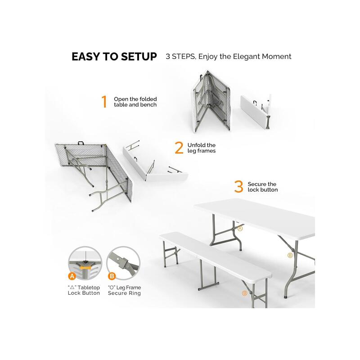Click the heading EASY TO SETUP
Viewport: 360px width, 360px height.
(114, 57)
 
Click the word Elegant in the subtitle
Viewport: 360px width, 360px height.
(246, 56)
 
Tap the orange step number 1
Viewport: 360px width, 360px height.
(104, 102)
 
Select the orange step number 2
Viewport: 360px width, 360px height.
(179, 148)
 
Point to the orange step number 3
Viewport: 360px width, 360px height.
(238, 186)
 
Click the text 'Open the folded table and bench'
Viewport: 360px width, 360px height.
(135, 102)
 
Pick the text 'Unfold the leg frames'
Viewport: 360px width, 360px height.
(201, 148)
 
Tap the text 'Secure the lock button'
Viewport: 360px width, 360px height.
(263, 187)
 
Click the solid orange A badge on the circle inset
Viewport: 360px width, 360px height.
(72, 276)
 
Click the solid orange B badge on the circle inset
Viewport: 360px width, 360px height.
(112, 276)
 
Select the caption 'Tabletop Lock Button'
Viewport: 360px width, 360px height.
(84, 290)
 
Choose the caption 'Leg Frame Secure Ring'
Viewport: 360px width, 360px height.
(124, 290)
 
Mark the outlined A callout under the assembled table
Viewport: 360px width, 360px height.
(240, 229)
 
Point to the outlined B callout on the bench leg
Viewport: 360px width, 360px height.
(244, 293)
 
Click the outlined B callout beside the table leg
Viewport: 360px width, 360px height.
(290, 255)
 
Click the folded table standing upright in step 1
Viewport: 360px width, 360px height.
(211, 101)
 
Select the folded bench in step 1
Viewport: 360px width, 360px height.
(256, 111)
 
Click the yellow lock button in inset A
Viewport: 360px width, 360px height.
(85, 267)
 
